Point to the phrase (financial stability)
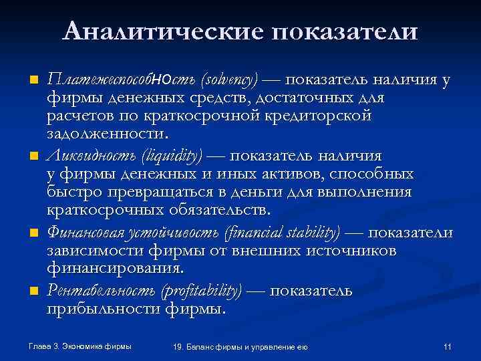click(x=283, y=233)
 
